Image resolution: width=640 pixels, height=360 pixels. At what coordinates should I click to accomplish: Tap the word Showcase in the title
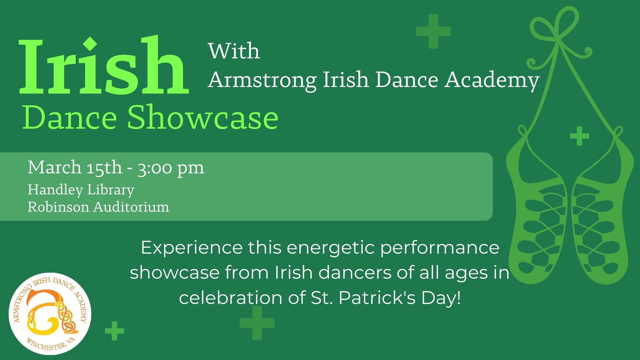click(x=203, y=117)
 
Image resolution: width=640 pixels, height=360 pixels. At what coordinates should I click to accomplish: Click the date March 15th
click(x=75, y=167)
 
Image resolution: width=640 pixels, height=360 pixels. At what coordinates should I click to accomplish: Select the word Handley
click(x=55, y=190)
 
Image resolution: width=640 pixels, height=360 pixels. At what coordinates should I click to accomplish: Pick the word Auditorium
click(x=131, y=207)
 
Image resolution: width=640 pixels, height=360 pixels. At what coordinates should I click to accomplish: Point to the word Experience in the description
click(x=192, y=248)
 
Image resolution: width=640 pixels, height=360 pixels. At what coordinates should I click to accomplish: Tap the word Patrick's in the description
click(x=377, y=298)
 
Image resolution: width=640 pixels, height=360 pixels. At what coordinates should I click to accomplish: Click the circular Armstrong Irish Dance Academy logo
click(x=50, y=314)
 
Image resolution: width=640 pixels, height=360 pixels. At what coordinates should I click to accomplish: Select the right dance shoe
click(x=602, y=213)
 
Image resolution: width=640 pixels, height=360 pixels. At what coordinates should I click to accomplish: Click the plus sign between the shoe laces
click(x=579, y=136)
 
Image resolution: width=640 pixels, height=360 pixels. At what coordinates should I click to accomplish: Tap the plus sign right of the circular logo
click(x=115, y=331)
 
